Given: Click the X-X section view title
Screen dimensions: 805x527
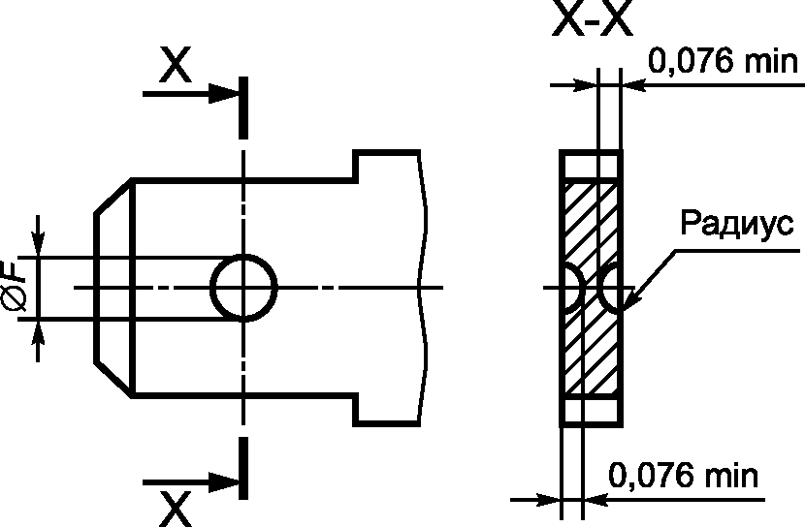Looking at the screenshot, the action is click(592, 20).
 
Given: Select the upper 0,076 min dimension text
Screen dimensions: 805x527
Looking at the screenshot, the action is click(723, 60).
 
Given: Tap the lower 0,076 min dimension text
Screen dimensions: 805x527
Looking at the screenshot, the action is click(683, 476).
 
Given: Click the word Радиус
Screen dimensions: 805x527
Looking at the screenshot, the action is click(737, 222).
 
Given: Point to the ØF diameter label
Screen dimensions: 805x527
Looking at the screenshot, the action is click(14, 288).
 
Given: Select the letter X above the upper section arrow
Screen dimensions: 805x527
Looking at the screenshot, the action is click(176, 64).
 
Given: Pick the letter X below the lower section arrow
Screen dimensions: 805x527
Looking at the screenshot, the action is click(176, 509).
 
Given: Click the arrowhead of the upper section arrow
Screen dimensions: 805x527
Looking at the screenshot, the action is click(223, 94).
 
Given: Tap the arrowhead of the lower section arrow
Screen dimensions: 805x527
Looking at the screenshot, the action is click(223, 482).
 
